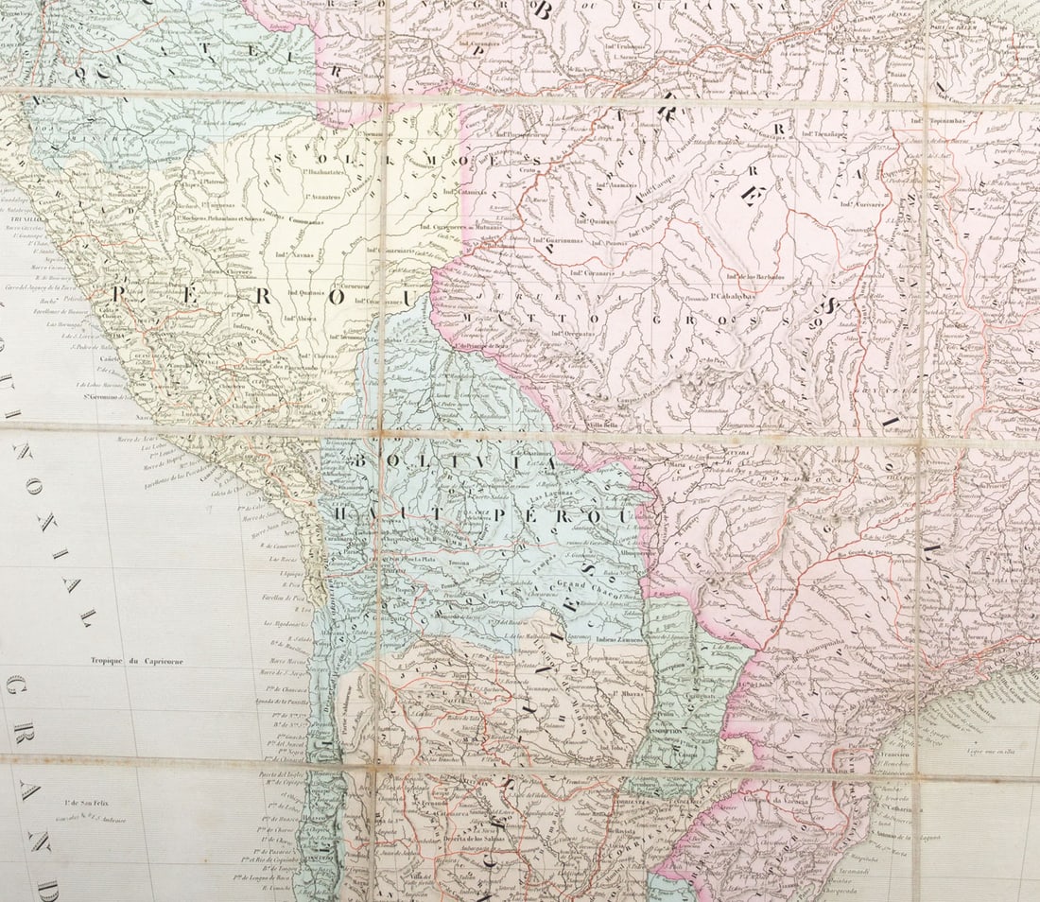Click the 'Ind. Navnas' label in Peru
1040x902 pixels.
coord(295,255)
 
